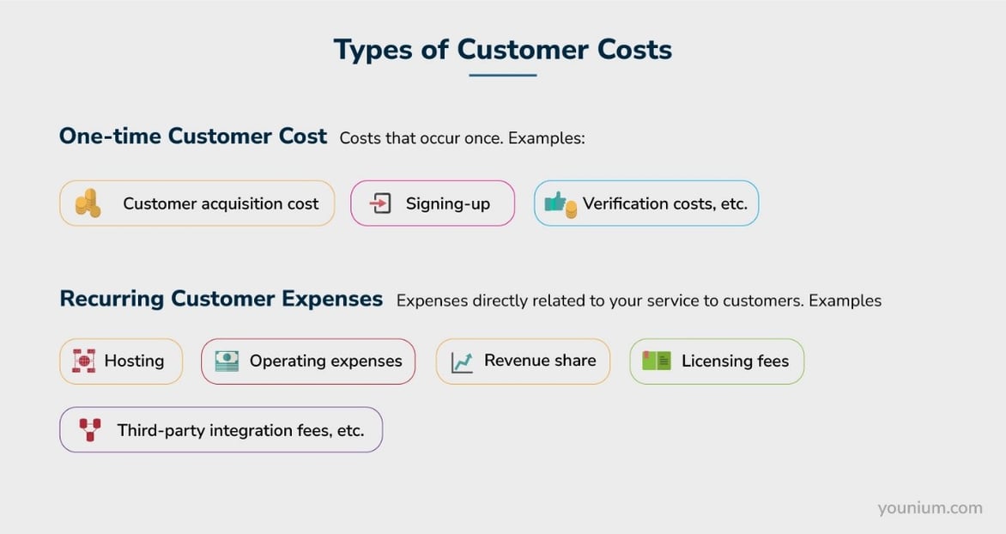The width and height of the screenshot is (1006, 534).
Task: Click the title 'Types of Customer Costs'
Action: point(502,49)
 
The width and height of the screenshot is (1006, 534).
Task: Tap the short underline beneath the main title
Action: point(502,76)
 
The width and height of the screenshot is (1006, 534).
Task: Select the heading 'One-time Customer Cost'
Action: point(193,137)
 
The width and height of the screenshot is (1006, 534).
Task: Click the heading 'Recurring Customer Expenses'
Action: point(221,299)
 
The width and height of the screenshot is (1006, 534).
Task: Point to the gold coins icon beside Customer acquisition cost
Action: point(88,203)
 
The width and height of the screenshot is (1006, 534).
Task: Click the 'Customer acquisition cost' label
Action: point(221,203)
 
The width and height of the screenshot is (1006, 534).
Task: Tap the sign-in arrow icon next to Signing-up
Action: point(380,203)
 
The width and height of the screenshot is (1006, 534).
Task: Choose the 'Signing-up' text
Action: point(448,203)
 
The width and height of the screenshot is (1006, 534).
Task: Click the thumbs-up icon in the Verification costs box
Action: point(560,204)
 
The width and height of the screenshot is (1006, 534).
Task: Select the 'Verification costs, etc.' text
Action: point(665,203)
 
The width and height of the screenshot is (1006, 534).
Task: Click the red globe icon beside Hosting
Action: point(83,361)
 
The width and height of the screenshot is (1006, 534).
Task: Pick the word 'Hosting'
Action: point(134,361)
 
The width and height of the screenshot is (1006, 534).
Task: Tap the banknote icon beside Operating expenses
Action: point(227,361)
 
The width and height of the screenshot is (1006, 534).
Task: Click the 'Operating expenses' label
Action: point(325,361)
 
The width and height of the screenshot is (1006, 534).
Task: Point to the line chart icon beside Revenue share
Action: point(462,361)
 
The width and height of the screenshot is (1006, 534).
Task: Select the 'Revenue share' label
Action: point(540,361)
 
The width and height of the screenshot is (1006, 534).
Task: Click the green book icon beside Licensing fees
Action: point(657,361)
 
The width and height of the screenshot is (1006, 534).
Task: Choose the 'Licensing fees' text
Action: point(735,361)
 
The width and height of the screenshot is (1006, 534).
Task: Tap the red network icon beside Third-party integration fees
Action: point(89,429)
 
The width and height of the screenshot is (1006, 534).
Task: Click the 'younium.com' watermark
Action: point(930,508)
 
